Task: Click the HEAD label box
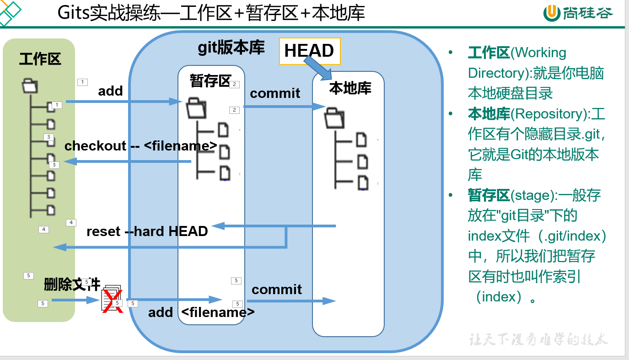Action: click(x=310, y=50)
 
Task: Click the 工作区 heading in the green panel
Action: click(x=40, y=59)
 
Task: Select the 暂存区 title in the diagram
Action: click(x=210, y=81)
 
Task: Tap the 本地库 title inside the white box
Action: click(x=350, y=88)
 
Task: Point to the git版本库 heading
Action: click(x=231, y=48)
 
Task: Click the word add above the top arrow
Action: click(x=110, y=91)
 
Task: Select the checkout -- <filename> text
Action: click(x=140, y=146)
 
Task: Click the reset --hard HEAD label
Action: click(x=147, y=231)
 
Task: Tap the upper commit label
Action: click(x=275, y=93)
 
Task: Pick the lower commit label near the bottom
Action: click(x=277, y=289)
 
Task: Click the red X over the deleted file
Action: click(x=112, y=301)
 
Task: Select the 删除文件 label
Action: click(x=72, y=284)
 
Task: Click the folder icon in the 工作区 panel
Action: click(x=30, y=86)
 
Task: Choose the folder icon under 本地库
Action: click(x=334, y=118)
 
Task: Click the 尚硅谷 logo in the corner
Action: click(x=577, y=13)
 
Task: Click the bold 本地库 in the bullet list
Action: click(x=489, y=114)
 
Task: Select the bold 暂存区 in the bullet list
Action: click(x=489, y=195)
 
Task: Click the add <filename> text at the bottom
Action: click(x=201, y=312)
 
